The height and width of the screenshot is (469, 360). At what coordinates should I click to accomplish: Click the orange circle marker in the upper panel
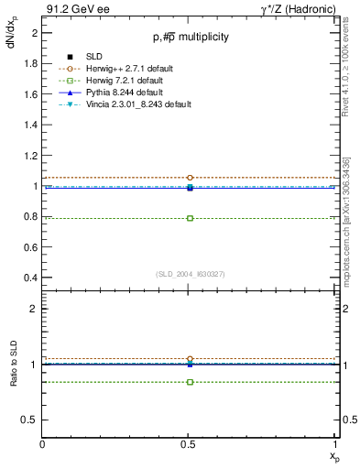click(x=190, y=178)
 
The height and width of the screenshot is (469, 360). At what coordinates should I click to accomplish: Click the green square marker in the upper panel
click(x=190, y=218)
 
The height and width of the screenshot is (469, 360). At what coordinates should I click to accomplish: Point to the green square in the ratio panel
click(x=190, y=381)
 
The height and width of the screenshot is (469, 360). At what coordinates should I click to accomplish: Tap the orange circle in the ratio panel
click(x=190, y=359)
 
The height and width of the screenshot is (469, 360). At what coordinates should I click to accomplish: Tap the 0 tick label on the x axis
click(x=43, y=443)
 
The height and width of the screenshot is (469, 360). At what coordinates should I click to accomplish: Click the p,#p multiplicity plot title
click(x=190, y=38)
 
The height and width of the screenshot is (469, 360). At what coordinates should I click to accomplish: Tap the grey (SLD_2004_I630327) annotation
click(x=190, y=274)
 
